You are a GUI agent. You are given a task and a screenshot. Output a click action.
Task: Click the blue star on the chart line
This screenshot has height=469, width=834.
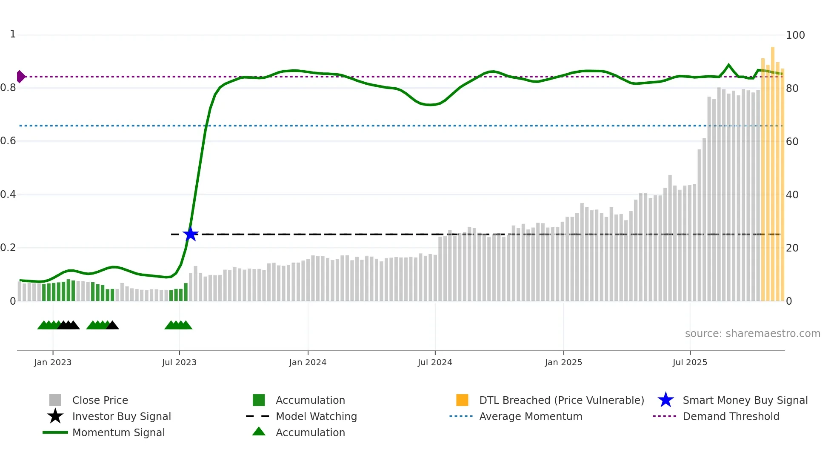click(190, 234)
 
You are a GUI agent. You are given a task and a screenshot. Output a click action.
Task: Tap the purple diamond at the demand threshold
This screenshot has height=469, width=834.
click(20, 77)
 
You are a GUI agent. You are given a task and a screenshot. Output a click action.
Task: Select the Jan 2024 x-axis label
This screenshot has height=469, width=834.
click(308, 362)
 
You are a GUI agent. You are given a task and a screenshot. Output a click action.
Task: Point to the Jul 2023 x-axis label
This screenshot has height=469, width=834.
click(179, 362)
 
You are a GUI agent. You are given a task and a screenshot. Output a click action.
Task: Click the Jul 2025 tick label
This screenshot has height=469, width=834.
click(690, 362)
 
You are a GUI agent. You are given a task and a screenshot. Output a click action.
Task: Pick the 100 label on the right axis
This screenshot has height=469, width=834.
click(795, 35)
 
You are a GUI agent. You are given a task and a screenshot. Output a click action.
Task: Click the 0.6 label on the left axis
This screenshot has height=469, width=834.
click(8, 141)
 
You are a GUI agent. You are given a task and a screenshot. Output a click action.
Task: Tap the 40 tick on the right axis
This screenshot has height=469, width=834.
click(792, 194)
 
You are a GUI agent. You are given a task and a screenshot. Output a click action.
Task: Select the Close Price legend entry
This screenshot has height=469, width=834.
click(100, 400)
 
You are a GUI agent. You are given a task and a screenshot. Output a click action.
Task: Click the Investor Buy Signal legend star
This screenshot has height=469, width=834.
click(55, 416)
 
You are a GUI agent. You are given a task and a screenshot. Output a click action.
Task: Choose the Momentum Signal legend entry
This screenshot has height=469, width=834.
click(118, 432)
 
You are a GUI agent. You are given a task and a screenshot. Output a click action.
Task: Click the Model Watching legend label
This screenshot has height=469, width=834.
click(316, 416)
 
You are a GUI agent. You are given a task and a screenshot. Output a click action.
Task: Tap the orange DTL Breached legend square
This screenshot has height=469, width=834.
click(462, 400)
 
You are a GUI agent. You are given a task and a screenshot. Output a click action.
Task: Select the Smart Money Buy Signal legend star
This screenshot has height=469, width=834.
click(665, 400)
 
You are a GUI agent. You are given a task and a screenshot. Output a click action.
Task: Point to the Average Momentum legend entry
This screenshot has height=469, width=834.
click(531, 416)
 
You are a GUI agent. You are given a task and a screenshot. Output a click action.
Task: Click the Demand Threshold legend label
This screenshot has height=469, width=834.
click(731, 416)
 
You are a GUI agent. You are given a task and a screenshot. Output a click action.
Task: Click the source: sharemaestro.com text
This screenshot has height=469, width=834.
click(752, 333)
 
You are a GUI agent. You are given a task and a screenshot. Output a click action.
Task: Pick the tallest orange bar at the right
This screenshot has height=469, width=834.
click(773, 170)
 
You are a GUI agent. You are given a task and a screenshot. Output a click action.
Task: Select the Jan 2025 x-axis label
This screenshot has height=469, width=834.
click(563, 362)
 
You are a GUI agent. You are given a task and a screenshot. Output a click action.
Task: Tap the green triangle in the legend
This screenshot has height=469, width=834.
click(259, 432)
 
